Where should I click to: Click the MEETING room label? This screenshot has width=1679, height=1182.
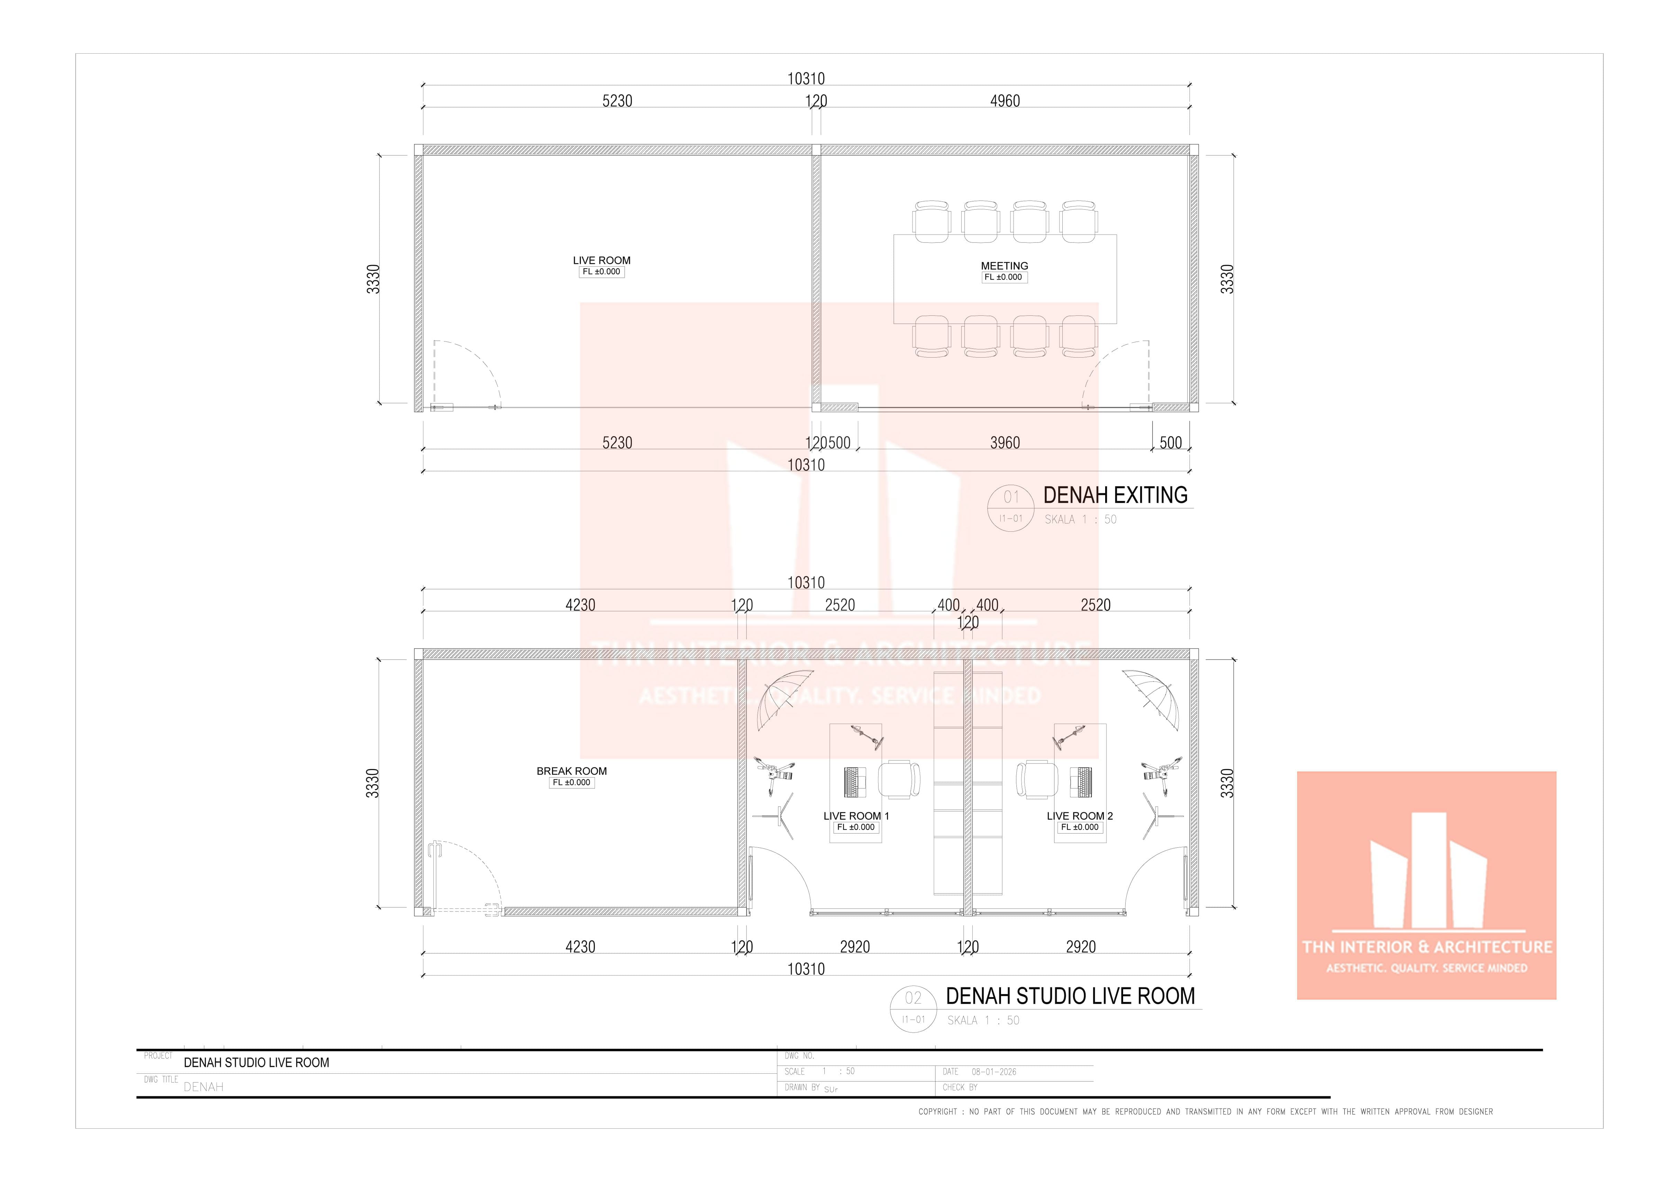pos(1004,266)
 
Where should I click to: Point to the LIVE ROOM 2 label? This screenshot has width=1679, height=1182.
pos(1079,816)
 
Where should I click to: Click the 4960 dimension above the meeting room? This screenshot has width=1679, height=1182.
pos(1005,101)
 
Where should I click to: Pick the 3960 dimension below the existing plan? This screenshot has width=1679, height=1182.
pos(1005,442)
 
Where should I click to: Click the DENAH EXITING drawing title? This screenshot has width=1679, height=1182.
pos(1115,495)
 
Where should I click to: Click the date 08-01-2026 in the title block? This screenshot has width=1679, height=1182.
pos(994,1072)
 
